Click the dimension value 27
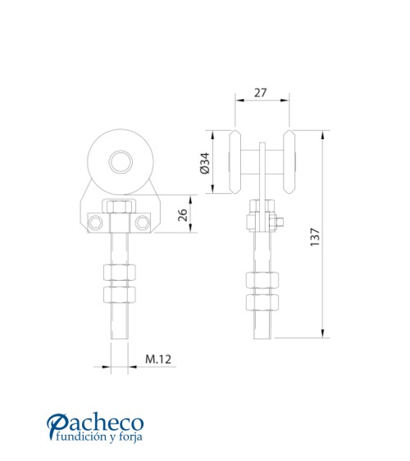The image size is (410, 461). [x=260, y=93]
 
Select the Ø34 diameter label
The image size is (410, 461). [x=204, y=163]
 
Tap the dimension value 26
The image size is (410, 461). [x=184, y=215]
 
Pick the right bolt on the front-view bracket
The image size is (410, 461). [x=145, y=221]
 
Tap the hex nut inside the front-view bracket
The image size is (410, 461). [x=120, y=209]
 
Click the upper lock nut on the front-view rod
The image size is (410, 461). [x=120, y=273]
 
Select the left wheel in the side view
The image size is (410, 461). [x=236, y=162]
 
